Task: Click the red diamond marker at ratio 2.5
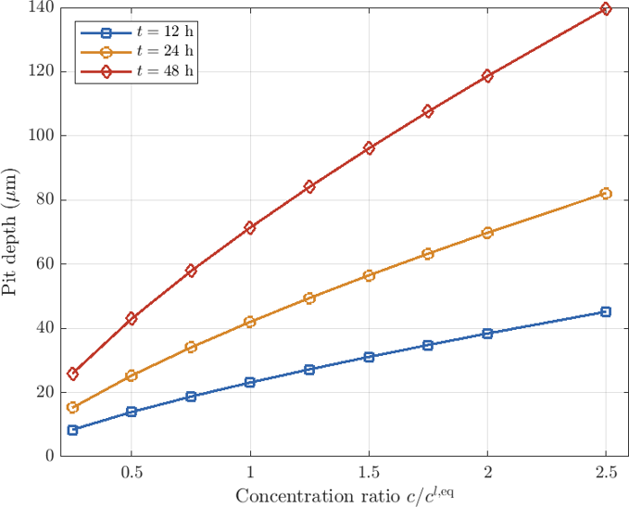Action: pyautogui.click(x=606, y=9)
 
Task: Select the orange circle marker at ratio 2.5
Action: pyautogui.click(x=606, y=194)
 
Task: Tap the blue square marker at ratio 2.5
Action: pyautogui.click(x=606, y=312)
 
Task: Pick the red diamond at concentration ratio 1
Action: pyautogui.click(x=249, y=228)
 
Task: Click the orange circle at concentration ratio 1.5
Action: pyautogui.click(x=369, y=275)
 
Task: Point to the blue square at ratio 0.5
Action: pyautogui.click(x=132, y=412)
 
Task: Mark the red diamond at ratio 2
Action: pyautogui.click(x=487, y=76)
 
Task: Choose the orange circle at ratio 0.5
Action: pyautogui.click(x=132, y=375)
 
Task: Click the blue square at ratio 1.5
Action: pyautogui.click(x=369, y=357)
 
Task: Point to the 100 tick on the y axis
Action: pyautogui.click(x=42, y=135)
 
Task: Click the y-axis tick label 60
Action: pyautogui.click(x=45, y=264)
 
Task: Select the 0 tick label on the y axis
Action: pyautogui.click(x=50, y=456)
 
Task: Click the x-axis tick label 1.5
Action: pyautogui.click(x=369, y=473)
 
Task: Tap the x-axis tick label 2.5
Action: pyautogui.click(x=606, y=473)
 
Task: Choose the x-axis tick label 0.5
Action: pyautogui.click(x=132, y=473)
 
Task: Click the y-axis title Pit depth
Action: pyautogui.click(x=9, y=233)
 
